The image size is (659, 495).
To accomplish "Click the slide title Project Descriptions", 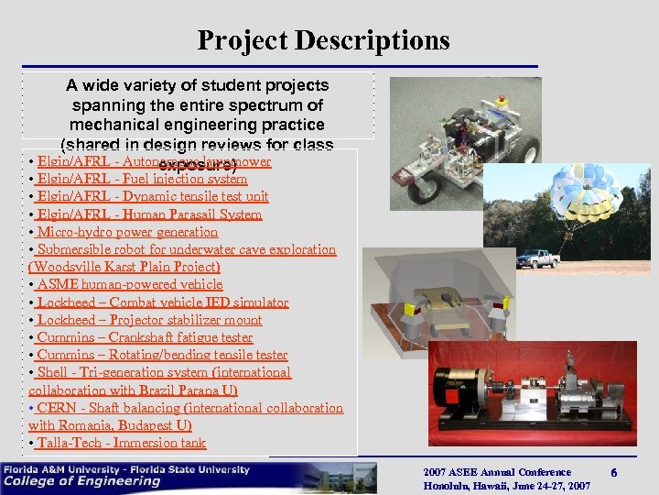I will tap(323, 40).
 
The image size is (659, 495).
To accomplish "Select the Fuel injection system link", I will tap(142, 180).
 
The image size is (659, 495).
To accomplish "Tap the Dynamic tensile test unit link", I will tap(153, 197).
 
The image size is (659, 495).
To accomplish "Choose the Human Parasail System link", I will tap(149, 214).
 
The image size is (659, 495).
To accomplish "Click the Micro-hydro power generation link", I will tap(127, 232).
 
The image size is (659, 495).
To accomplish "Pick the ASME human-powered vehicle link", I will tap(129, 285).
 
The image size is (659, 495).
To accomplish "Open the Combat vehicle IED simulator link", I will tap(162, 302).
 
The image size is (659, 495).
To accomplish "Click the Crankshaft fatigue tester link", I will tap(145, 337).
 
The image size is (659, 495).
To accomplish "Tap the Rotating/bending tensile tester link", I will tap(162, 355).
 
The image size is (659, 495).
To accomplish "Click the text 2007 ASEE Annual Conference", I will tap(497, 472).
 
